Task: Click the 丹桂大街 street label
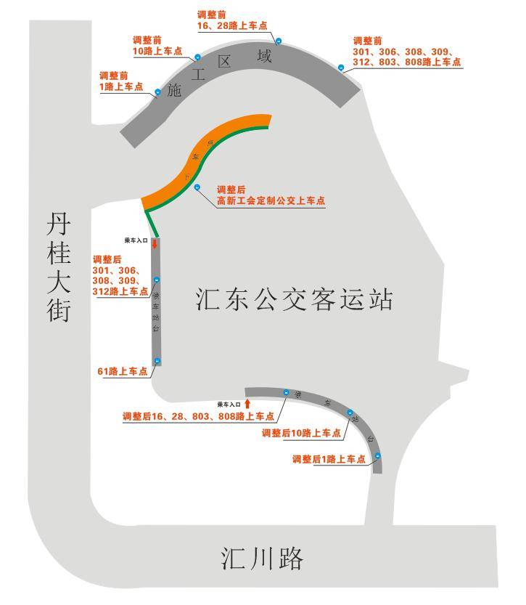59,268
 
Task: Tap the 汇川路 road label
262,559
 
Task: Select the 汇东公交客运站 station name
295,299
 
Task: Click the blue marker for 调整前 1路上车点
157,92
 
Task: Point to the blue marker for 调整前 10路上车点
197,57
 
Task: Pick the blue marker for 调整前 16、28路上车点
279,41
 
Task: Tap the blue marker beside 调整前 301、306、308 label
341,68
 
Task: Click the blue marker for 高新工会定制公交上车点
197,188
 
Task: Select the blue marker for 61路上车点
157,361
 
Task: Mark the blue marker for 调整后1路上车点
378,456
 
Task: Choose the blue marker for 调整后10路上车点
350,413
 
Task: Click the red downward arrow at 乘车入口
155,244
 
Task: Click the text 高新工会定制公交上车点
271,201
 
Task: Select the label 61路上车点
122,371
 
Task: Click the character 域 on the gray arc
265,55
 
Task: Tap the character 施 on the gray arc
173,92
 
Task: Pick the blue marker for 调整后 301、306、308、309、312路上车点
156,280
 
